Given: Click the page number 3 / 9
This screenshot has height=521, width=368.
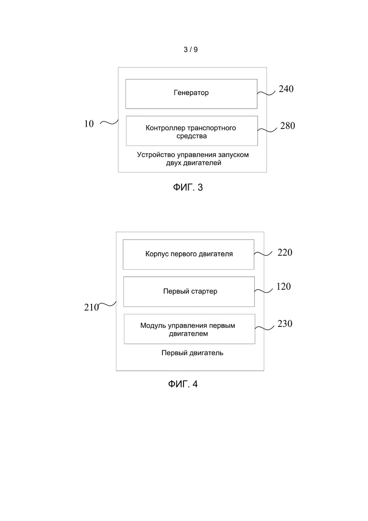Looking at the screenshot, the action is (x=191, y=50).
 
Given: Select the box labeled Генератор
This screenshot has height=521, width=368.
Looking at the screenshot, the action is (x=192, y=94).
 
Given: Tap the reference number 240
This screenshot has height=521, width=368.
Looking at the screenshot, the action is (x=286, y=89).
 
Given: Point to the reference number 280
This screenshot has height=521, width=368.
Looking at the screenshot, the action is (x=287, y=126).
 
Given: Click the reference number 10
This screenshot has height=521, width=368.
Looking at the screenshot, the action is (x=89, y=124).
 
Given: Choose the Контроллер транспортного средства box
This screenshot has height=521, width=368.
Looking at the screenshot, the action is (x=192, y=130).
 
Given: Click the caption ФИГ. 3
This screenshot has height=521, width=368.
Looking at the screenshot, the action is (x=188, y=188).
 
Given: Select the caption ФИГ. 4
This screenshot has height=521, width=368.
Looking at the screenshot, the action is (x=183, y=384).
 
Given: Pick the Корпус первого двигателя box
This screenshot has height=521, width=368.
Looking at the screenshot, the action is (x=188, y=255).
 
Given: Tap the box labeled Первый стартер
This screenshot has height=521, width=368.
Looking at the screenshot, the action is (x=189, y=292).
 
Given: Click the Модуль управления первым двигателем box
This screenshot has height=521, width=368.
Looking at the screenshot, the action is (x=190, y=329).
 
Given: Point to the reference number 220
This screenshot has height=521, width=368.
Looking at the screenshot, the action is (x=284, y=253).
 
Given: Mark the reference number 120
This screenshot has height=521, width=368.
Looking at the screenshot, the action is (x=284, y=286).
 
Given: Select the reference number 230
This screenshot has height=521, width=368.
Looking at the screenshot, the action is (x=284, y=324).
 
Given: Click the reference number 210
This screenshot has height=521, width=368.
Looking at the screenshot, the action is (x=92, y=307).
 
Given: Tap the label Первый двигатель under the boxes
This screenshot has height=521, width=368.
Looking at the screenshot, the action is (x=192, y=353).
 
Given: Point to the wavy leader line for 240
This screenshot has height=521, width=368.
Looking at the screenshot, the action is (x=267, y=94).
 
